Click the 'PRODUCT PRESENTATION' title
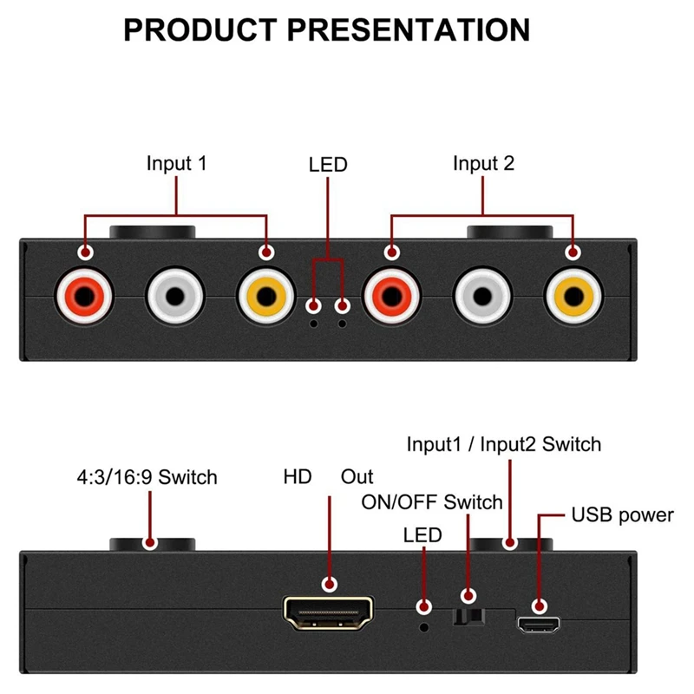326,29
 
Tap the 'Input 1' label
177,163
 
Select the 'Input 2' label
483,163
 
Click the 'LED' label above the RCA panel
328,164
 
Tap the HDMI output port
329,613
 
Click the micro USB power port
539,623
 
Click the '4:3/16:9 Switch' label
145,476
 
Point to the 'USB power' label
622,515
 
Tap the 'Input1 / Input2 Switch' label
504,445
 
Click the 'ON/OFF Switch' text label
431,502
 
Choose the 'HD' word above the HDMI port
297,476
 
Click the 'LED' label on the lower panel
422,535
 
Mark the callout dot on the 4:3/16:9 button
150,544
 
